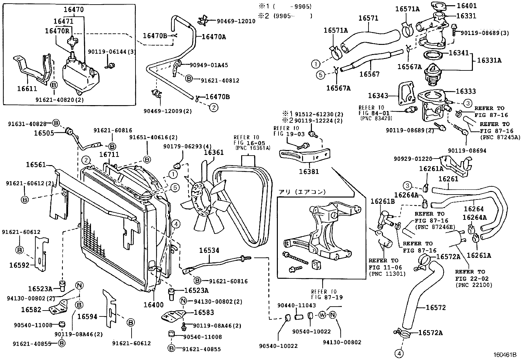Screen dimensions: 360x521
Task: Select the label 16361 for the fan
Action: (214, 152)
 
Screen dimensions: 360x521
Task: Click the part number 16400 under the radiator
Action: (153, 305)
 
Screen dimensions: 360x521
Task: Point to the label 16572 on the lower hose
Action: (436, 308)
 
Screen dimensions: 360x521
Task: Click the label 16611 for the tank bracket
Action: (27, 89)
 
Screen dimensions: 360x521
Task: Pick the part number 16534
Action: (209, 251)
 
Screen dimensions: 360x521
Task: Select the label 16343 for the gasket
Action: (378, 96)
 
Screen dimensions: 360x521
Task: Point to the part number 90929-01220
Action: (413, 159)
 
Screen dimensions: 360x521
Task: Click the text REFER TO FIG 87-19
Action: (322, 294)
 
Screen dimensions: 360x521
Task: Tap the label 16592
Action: (20, 265)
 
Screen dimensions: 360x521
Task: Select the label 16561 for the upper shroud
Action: (36, 165)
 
